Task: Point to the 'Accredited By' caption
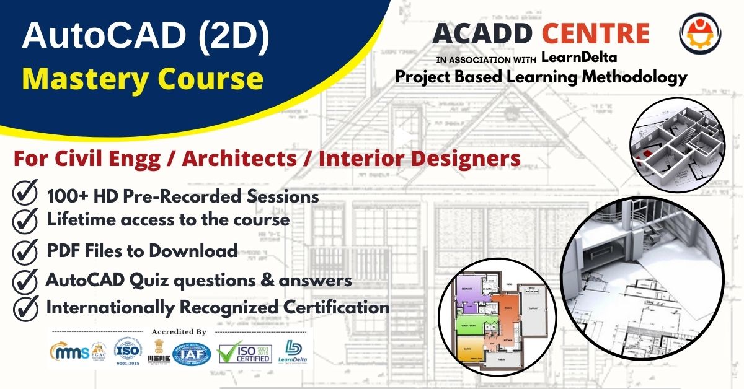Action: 179,332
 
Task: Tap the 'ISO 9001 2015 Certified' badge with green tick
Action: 244,352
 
